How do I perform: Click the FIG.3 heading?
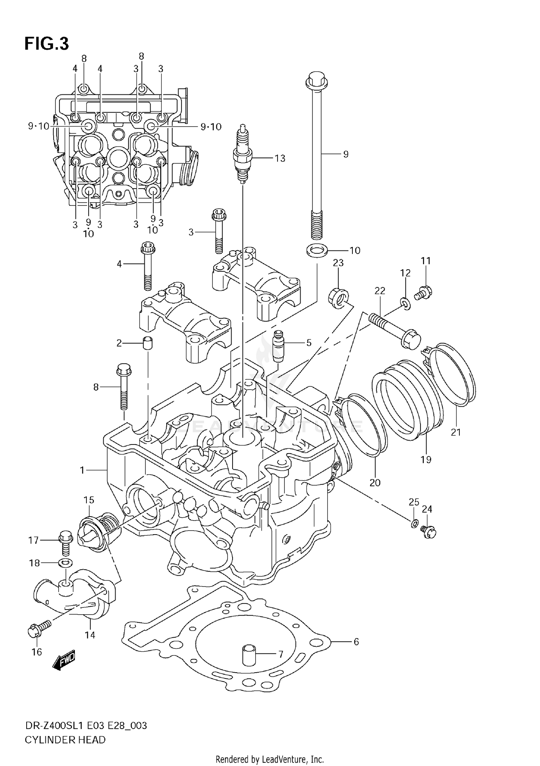click(x=46, y=44)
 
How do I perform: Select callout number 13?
click(x=280, y=158)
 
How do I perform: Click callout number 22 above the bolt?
click(x=380, y=291)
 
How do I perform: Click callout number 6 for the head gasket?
click(x=356, y=642)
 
